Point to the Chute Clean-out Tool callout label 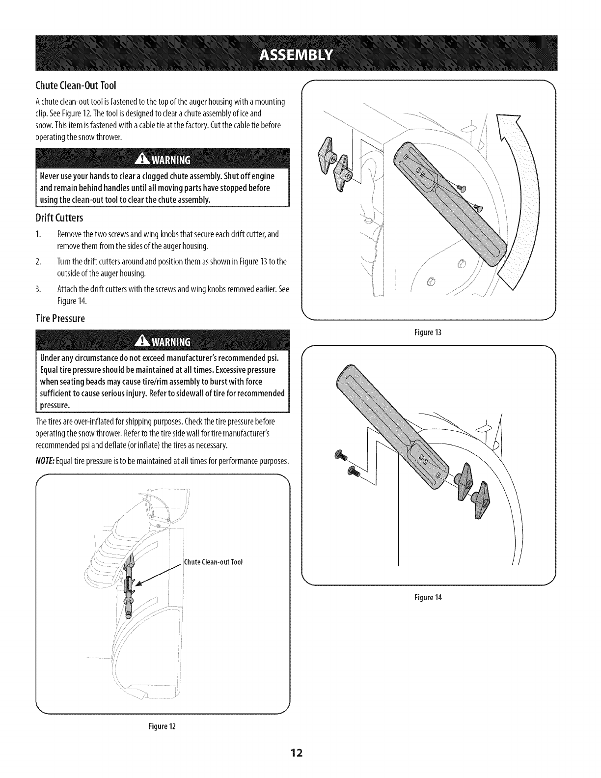click(213, 562)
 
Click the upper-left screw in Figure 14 click(338, 455)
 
